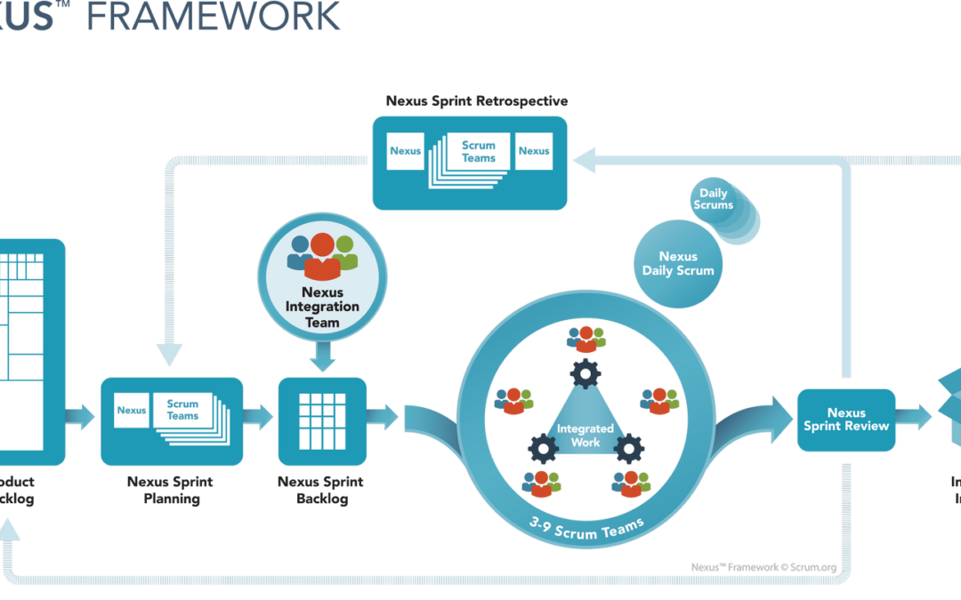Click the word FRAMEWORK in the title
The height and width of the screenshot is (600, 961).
tap(214, 16)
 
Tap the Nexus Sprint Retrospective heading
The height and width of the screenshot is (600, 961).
tap(477, 101)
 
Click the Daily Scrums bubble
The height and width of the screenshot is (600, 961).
tap(714, 199)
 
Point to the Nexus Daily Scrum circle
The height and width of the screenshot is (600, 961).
tap(678, 263)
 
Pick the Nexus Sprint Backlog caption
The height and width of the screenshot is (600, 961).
tap(322, 491)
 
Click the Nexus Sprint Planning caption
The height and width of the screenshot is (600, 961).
tap(172, 491)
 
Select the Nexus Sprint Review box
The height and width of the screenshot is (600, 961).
tap(846, 420)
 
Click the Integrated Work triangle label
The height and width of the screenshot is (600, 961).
tap(585, 435)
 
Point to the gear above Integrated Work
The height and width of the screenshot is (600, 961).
tap(585, 374)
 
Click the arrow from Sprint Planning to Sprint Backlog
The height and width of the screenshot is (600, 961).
tap(260, 415)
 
